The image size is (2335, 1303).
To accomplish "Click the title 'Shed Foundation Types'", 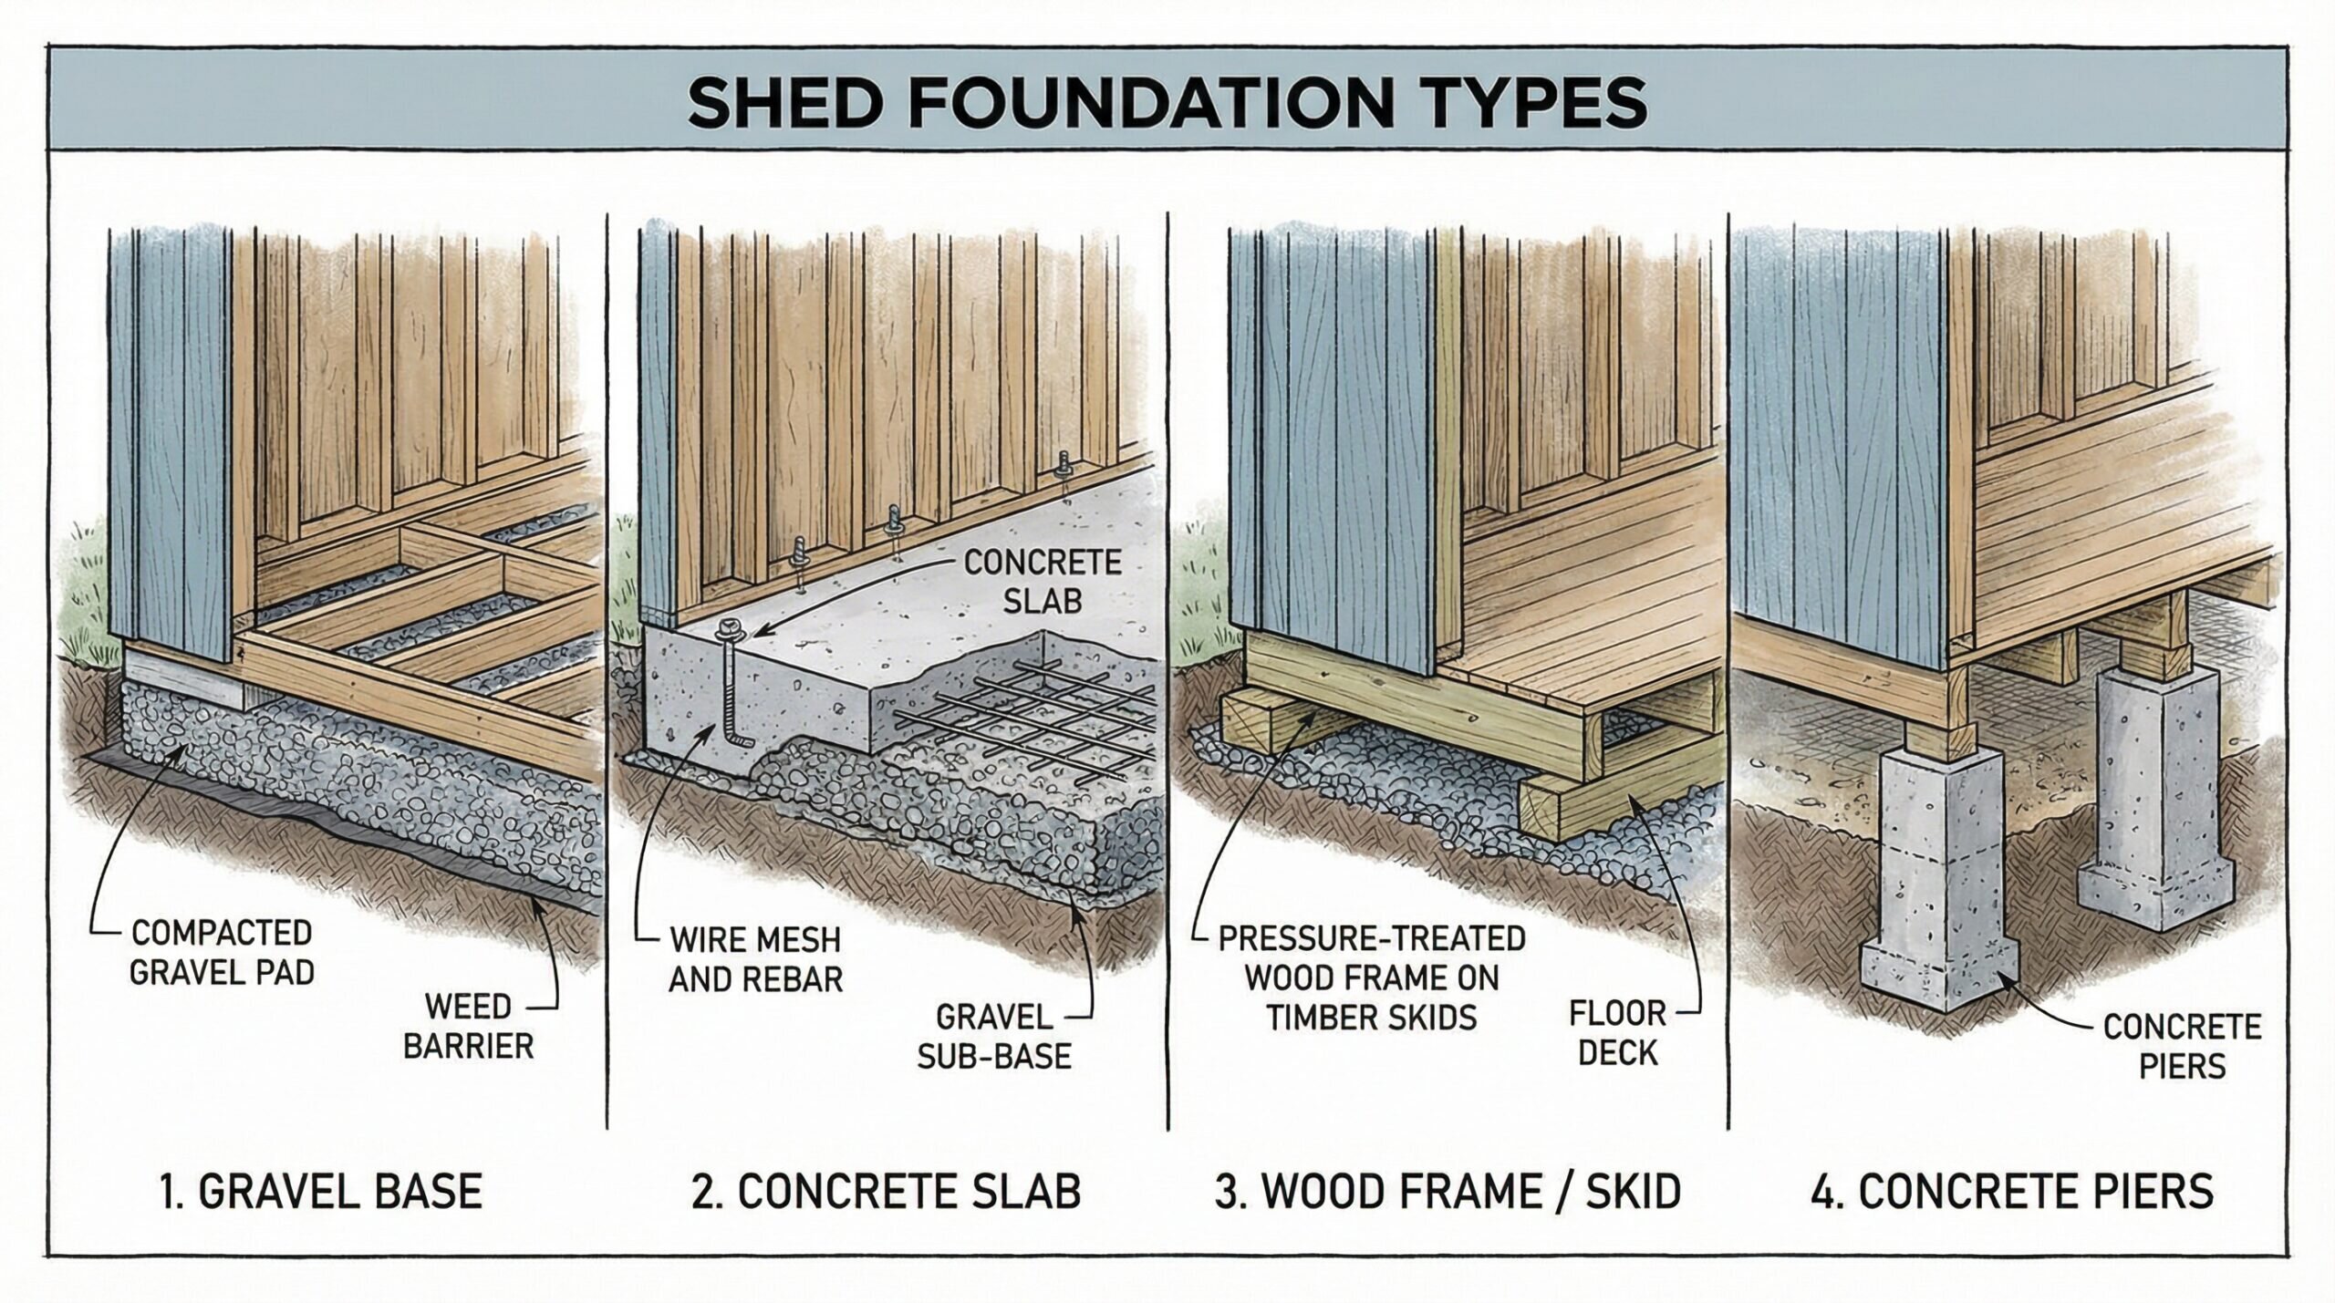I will click(x=1167, y=102).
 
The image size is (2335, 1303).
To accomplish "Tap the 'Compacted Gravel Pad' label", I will click(x=222, y=952).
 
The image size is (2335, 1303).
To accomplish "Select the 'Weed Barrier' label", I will click(x=468, y=1026).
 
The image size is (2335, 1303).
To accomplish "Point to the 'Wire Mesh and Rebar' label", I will click(x=756, y=959).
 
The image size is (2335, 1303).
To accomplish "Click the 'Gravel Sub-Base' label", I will click(x=994, y=1036).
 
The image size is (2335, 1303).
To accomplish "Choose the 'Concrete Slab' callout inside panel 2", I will click(x=1043, y=581).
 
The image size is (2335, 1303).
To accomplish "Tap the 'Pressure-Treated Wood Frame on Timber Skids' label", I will click(x=1371, y=977).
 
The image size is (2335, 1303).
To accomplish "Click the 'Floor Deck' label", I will click(x=1617, y=1032).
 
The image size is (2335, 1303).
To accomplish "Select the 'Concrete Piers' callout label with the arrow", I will click(x=2183, y=1046).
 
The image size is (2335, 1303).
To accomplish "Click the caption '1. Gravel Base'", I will click(x=320, y=1191).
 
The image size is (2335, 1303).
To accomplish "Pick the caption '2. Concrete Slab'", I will click(x=886, y=1191).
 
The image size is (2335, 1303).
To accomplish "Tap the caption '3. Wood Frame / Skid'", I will click(x=1448, y=1191).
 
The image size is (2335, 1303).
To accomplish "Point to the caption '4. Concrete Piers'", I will click(x=2012, y=1191).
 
